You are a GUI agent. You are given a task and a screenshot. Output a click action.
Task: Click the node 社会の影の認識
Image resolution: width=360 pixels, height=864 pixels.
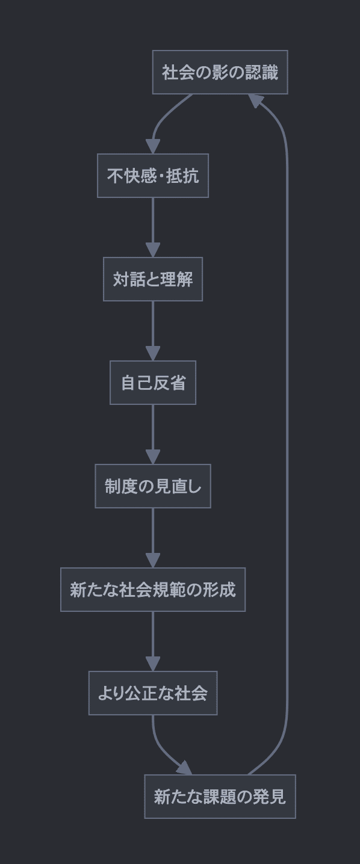pos(220,72)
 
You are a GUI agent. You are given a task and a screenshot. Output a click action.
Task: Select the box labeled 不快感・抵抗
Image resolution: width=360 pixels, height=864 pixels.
pos(153,176)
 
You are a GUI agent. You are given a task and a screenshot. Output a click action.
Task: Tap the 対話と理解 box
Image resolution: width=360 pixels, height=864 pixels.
pos(153,279)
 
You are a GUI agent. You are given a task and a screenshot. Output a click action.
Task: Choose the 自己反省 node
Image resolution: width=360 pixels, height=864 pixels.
pos(153,383)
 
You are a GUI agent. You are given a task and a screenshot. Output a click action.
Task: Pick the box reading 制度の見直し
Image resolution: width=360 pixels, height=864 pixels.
pos(153,486)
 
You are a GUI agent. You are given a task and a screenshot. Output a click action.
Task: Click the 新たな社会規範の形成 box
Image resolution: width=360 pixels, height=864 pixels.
pos(153,590)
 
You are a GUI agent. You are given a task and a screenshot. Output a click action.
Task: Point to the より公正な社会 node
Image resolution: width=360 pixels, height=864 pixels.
pos(153,693)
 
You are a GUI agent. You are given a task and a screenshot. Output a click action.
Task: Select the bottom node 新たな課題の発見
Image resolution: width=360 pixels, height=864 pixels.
pos(220,797)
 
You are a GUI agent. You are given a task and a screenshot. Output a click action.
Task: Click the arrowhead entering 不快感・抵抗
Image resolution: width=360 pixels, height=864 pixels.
pos(153,146)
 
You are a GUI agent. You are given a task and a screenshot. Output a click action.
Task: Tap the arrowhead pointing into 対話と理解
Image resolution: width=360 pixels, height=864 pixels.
pos(153,250)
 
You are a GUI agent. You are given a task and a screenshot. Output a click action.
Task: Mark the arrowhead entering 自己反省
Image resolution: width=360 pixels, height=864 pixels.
pos(153,353)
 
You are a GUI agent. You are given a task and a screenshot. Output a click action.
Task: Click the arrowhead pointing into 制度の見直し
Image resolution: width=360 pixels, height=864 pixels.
pos(153,457)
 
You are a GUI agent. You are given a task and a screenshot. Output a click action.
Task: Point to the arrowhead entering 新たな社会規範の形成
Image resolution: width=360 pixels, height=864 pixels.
pos(153,560)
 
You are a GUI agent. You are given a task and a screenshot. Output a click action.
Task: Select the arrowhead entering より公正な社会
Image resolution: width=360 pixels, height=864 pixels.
pos(153,664)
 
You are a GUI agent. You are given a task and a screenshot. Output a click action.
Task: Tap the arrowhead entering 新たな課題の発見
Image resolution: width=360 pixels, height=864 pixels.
pos(185,768)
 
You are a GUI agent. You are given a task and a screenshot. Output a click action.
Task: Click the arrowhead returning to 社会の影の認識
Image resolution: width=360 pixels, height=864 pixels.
pos(255,100)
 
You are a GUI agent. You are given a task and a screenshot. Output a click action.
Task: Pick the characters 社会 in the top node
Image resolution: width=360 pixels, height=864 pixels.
pos(176,72)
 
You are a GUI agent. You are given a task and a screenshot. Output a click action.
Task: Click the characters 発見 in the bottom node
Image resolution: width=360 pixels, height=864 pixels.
pos(271,797)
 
